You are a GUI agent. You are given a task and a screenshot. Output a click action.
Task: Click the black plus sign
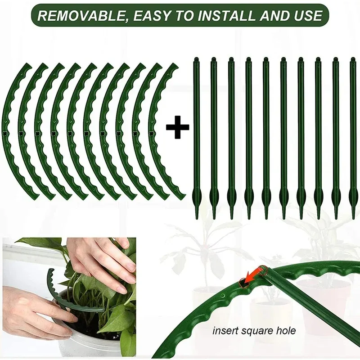click(x=178, y=129)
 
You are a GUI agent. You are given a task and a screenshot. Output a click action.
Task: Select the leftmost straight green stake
click(x=196, y=135)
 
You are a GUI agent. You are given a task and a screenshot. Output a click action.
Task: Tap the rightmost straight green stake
click(x=353, y=135)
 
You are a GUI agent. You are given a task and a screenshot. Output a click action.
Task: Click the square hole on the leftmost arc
click(x=5, y=134)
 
